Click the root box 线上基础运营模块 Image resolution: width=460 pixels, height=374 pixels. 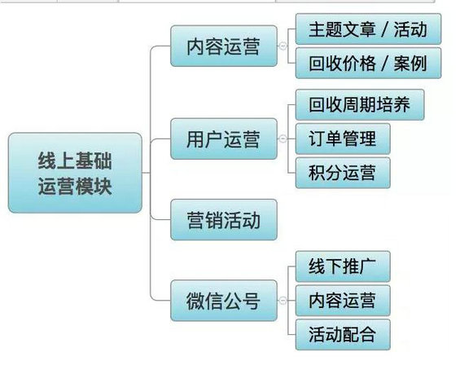(75, 173)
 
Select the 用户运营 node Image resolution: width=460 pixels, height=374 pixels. (224, 139)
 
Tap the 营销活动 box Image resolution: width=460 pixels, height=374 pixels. (224, 219)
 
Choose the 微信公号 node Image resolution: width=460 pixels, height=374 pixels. (224, 301)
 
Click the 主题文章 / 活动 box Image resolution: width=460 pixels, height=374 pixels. (368, 29)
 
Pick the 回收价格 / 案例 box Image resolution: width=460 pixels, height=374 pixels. (368, 63)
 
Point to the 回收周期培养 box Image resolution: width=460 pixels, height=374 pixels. (360, 104)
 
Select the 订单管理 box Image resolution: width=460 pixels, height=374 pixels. (343, 139)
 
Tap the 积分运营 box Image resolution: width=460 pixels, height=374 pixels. (343, 173)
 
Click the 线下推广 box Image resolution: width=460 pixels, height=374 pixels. (343, 266)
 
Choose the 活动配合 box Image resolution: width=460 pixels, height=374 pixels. (343, 334)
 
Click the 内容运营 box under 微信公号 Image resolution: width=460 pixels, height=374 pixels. (343, 301)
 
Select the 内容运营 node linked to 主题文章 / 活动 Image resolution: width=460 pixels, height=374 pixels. (224, 46)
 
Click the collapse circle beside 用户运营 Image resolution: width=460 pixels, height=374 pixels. (283, 139)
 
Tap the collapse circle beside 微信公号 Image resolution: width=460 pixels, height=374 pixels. (283, 301)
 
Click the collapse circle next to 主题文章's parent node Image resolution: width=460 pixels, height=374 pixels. (283, 46)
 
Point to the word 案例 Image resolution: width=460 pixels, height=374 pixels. (410, 64)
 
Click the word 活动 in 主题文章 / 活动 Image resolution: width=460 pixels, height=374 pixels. (410, 29)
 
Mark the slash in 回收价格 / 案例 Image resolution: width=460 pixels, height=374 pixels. (384, 64)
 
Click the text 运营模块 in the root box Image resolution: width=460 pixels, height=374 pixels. (75, 186)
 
